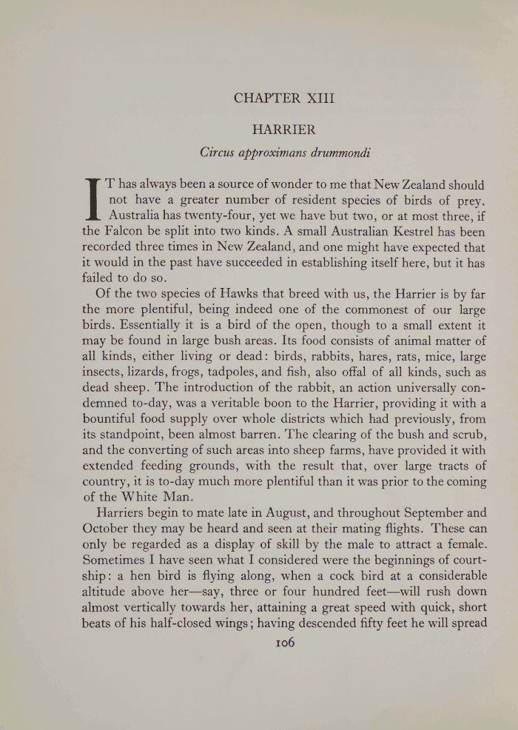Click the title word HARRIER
[x=284, y=130]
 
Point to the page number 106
[x=284, y=643]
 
